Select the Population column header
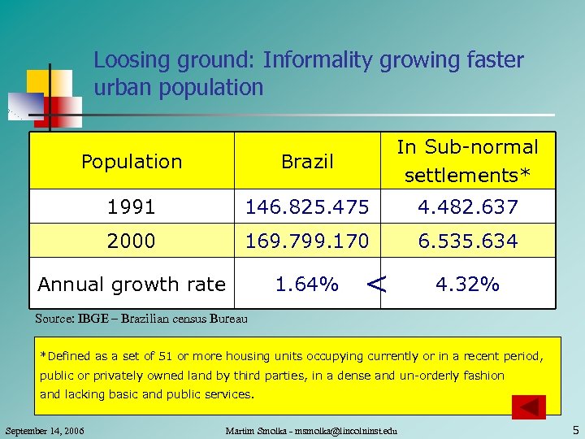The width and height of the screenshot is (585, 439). point(132,162)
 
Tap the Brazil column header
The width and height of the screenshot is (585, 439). point(307,162)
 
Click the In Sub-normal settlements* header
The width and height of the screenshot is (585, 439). point(467,161)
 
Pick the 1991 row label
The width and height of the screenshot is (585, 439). point(132,207)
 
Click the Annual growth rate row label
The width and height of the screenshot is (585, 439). point(132,285)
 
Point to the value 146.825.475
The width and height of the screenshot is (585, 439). point(307,207)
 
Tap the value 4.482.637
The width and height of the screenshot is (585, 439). point(467,207)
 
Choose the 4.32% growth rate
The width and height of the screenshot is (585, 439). point(467,285)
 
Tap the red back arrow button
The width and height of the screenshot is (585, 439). point(530,406)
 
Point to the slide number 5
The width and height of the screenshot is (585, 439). point(574,429)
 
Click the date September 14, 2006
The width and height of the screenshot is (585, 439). point(45,430)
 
